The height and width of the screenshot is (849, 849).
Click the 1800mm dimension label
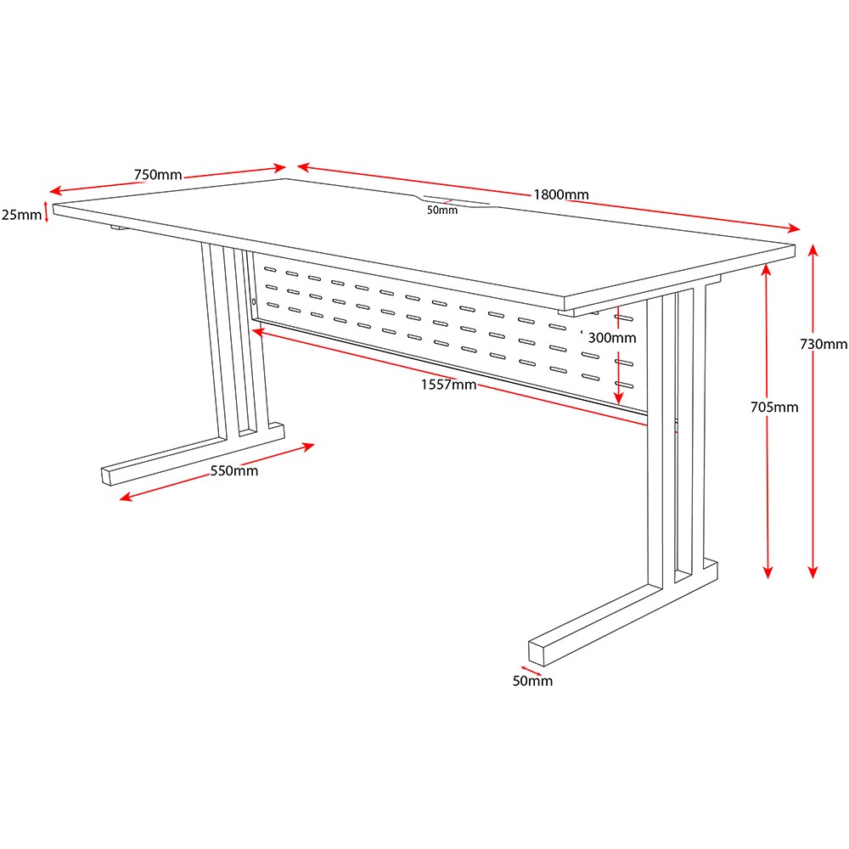click(561, 194)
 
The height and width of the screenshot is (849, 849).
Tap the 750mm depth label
click(158, 175)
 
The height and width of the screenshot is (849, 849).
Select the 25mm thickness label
click(22, 215)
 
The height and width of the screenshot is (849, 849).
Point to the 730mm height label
click(824, 344)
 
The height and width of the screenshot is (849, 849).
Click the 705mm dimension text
click(774, 408)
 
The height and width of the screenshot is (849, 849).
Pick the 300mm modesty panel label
click(612, 338)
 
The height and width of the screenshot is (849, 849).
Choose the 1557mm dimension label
click(449, 385)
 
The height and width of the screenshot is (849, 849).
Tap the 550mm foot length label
click(234, 471)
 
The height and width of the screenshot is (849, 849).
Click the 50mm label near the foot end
click(533, 681)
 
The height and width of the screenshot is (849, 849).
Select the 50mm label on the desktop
click(442, 211)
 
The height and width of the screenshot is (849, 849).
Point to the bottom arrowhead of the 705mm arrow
click(767, 572)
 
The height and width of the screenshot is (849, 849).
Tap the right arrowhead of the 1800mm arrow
click(794, 228)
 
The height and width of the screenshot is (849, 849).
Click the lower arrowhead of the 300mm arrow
click(619, 398)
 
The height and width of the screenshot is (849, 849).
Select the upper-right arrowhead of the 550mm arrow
click(308, 447)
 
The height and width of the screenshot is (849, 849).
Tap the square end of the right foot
click(537, 654)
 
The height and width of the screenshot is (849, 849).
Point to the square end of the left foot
click(106, 476)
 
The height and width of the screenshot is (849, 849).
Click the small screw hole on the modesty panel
click(253, 301)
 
